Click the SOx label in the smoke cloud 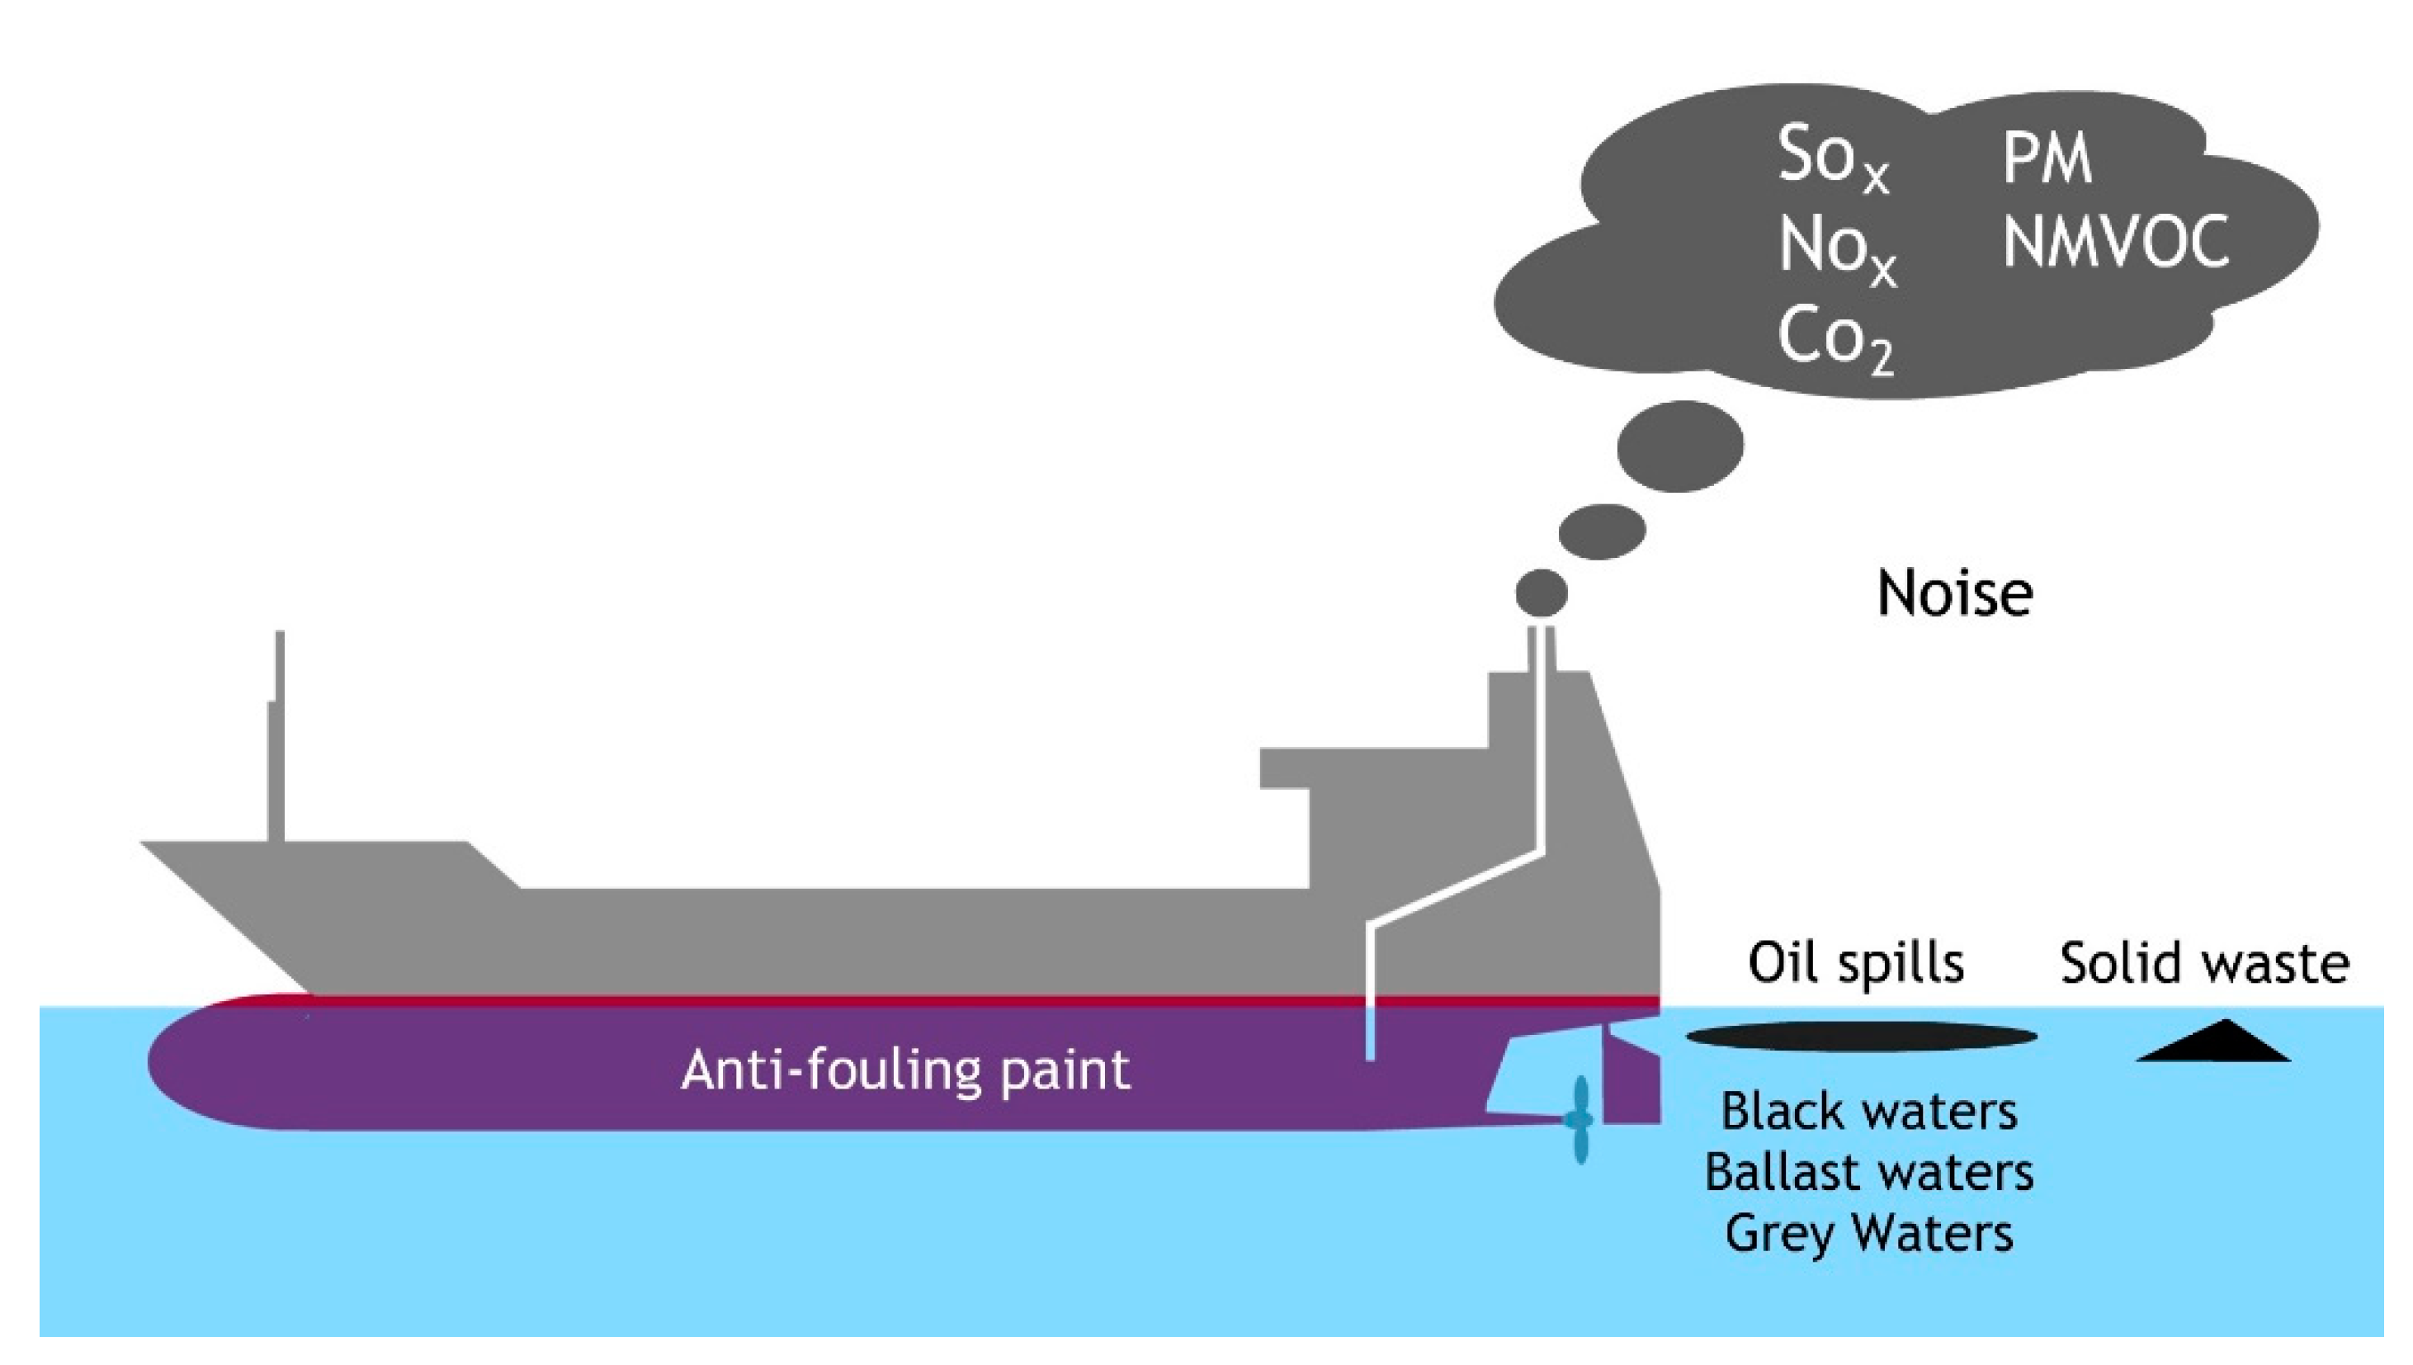coord(1833,159)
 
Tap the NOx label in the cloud coord(1835,250)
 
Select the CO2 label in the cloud coord(1834,339)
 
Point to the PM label coord(2047,159)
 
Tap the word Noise coord(1955,593)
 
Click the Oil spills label coord(1855,963)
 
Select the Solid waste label coord(2204,964)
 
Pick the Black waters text coord(1868,1112)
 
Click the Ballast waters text coord(1868,1172)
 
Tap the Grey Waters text coord(1868,1233)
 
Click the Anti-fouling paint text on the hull coord(905,1070)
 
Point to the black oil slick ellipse coord(1861,1037)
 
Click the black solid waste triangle coord(2212,1043)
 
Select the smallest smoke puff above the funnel coord(1542,593)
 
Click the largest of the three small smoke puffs coord(1680,446)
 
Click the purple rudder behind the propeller coord(1631,1088)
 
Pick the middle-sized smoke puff coord(1602,531)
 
